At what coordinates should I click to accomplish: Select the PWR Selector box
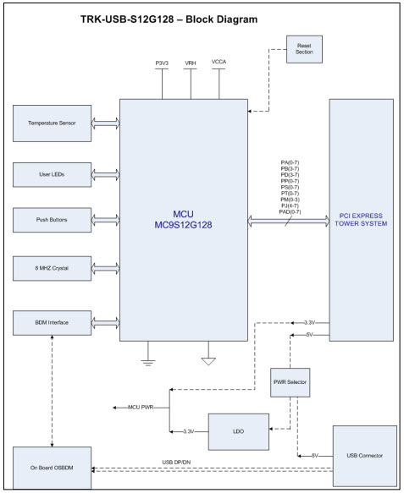point(290,381)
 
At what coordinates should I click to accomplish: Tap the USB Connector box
point(364,456)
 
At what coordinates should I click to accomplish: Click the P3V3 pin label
point(161,63)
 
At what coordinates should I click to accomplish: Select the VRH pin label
point(191,63)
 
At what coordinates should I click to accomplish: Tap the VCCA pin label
point(219,63)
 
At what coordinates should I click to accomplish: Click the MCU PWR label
point(147,408)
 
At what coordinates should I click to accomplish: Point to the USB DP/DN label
point(179,462)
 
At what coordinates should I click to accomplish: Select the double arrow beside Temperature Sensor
point(106,124)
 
